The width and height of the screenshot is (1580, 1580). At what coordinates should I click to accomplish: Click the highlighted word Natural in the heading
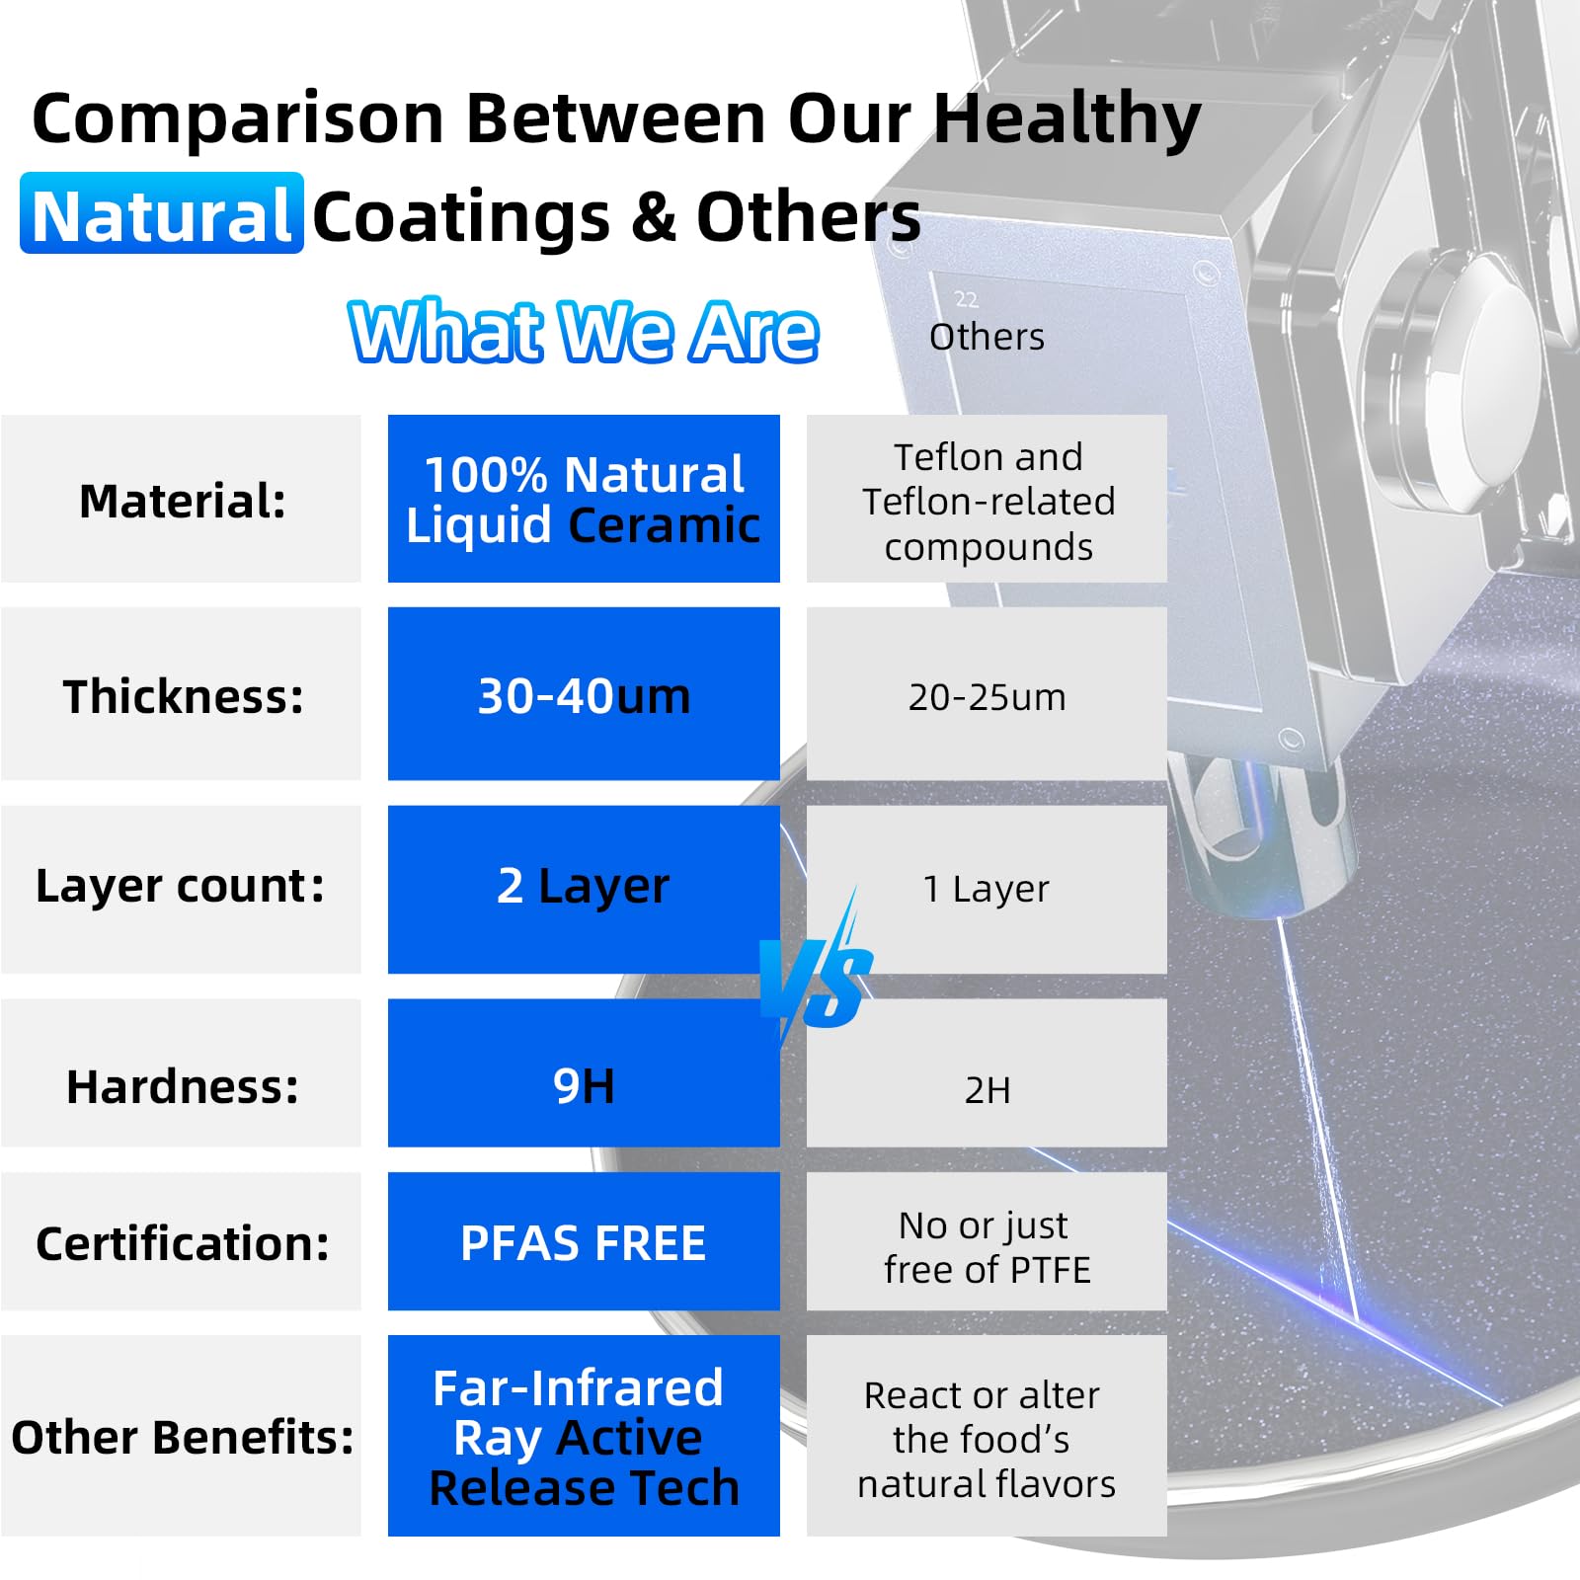tap(162, 213)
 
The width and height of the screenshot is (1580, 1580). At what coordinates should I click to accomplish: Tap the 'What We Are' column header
tap(584, 332)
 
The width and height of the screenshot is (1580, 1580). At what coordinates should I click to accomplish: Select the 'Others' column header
tap(987, 337)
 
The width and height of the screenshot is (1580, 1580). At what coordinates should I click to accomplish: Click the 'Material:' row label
tap(182, 500)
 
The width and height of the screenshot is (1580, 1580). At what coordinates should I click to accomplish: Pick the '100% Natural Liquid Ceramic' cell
tap(584, 499)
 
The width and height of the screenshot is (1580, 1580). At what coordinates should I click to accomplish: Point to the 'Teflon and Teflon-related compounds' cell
tap(987, 499)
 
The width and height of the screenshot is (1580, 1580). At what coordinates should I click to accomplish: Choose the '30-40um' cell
tap(584, 694)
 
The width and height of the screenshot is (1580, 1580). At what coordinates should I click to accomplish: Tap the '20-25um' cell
tap(987, 694)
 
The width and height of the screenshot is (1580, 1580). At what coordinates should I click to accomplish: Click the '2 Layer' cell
tap(584, 889)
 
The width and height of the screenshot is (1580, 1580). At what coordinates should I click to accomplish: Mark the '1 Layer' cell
tap(987, 889)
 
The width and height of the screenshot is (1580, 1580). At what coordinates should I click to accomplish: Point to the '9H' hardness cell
tap(584, 1073)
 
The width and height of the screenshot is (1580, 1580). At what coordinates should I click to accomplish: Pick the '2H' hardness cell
tap(987, 1073)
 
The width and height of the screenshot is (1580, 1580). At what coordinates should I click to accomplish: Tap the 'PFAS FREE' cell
tap(584, 1242)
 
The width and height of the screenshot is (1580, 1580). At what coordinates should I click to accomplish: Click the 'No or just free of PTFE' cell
tap(987, 1242)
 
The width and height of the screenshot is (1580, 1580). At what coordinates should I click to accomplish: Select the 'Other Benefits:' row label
tap(182, 1436)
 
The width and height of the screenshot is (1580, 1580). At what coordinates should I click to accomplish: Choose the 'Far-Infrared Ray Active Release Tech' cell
tap(584, 1436)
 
